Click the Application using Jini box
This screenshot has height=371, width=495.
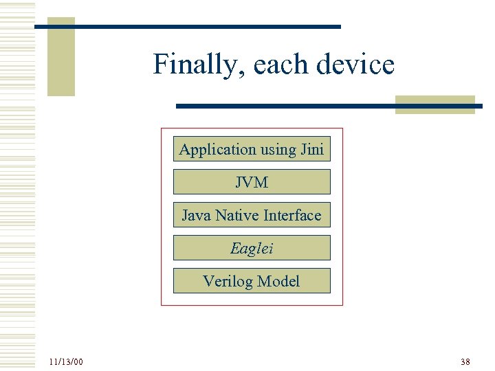pos(252,149)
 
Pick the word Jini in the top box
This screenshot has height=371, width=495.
pos(312,149)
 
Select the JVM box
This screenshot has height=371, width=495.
pos(252,182)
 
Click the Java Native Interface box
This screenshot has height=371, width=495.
pos(252,215)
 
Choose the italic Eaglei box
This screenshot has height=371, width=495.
pos(252,248)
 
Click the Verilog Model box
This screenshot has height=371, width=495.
pos(252,281)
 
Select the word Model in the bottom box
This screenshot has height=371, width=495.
pos(280,281)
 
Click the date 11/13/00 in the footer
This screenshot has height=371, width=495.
pos(66,361)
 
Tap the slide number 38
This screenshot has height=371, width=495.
pos(465,361)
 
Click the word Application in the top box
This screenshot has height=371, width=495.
pos(208,149)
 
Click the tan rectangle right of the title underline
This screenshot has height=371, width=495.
pos(435,104)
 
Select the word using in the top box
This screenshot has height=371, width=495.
pos(278,150)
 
